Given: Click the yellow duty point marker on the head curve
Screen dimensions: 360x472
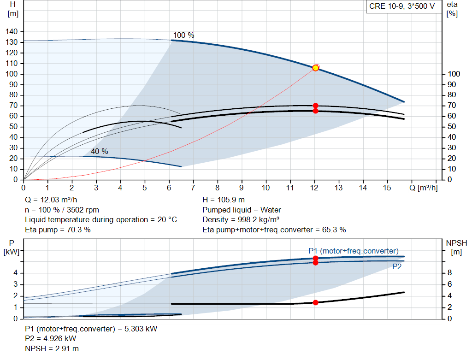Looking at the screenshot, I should [x=315, y=68].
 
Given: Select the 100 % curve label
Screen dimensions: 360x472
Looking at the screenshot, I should [x=183, y=35].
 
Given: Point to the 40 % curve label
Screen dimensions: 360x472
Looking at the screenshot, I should [x=99, y=151].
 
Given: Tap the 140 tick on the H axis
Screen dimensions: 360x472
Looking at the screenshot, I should [x=12, y=31].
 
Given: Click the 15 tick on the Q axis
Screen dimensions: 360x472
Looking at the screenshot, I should [x=387, y=188].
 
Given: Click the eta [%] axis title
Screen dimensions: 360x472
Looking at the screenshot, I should [x=452, y=9].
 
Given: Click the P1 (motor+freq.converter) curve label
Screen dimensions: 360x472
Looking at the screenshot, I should [x=353, y=251].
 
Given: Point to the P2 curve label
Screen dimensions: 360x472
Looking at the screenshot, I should [x=397, y=266].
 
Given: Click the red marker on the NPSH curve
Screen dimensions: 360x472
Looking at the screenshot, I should [x=315, y=302].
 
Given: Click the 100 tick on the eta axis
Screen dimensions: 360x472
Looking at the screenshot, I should [x=454, y=74].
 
